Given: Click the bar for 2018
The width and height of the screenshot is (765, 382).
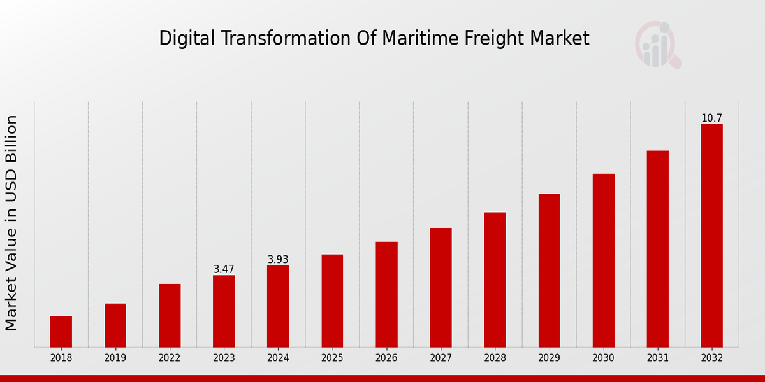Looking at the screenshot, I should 61,332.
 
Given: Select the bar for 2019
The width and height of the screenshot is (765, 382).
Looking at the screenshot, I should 115,325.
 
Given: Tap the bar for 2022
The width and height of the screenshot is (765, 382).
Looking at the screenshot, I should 170,315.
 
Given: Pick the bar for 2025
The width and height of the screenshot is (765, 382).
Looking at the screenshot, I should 332,301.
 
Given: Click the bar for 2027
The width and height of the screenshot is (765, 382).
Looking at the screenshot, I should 441,287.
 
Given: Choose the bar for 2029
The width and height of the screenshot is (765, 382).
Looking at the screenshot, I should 549,271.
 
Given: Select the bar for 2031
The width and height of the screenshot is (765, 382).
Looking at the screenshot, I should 657,249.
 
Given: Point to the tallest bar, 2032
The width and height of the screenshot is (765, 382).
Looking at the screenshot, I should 711,236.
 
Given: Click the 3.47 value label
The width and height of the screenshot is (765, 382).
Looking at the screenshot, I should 224,269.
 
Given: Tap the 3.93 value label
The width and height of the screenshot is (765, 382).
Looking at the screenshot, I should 278,260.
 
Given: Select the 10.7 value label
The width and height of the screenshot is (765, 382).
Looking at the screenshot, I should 711,118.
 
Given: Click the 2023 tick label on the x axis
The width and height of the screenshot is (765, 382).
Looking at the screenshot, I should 224,358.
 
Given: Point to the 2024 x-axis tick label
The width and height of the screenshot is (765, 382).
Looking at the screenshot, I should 278,358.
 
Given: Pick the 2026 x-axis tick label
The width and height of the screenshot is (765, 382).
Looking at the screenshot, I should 386,358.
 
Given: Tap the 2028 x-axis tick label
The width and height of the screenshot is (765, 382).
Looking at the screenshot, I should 495,358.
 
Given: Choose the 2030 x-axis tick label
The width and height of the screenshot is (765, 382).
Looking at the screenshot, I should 603,358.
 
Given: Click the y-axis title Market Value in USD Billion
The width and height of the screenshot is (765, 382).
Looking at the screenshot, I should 11,223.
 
